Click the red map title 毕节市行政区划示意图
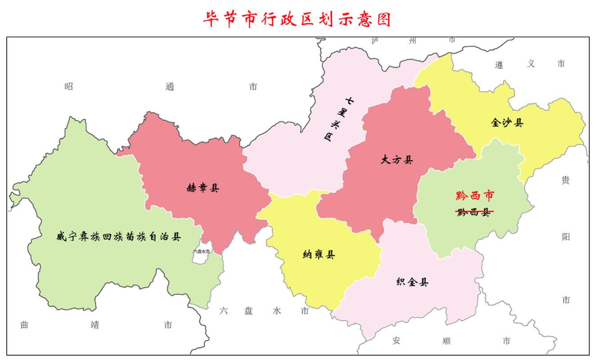tap(297, 19)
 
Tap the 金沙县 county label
tap(507, 122)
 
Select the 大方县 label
tap(396, 160)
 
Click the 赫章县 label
tap(203, 188)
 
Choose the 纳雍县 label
tap(319, 255)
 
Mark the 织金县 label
tap(412, 282)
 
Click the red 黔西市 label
tap(475, 195)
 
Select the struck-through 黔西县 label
tap(474, 212)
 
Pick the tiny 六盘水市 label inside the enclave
tap(202, 252)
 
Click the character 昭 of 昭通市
tap(68, 86)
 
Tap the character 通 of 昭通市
tap(170, 86)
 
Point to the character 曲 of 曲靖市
tap(25, 324)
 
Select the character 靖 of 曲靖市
tap(94, 324)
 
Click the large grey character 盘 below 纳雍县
tap(249, 310)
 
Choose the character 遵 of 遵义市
tap(499, 64)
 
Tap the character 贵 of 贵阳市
tap(565, 180)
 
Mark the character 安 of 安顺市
tap(396, 341)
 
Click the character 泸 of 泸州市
tap(375, 40)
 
